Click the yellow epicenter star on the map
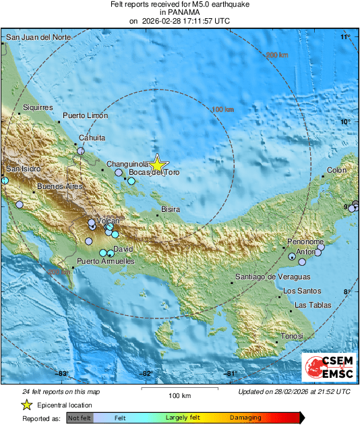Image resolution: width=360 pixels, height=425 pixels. (x=158, y=164)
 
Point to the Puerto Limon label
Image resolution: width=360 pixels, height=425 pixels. (x=85, y=116)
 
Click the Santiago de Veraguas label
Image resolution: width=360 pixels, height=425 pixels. (x=272, y=277)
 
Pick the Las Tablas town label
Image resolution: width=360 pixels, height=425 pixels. (x=313, y=306)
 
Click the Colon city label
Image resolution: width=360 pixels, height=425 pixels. (x=336, y=171)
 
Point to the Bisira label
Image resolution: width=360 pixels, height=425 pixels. (x=171, y=210)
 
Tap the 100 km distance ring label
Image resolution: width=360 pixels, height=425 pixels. (x=222, y=109)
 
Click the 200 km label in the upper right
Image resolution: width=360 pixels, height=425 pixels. (x=276, y=55)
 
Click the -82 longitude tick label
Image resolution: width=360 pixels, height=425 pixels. (x=145, y=373)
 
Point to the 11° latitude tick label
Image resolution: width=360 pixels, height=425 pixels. (x=345, y=36)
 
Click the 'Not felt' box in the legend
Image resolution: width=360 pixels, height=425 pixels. (x=79, y=418)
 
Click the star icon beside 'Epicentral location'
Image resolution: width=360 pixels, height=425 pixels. (x=26, y=405)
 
